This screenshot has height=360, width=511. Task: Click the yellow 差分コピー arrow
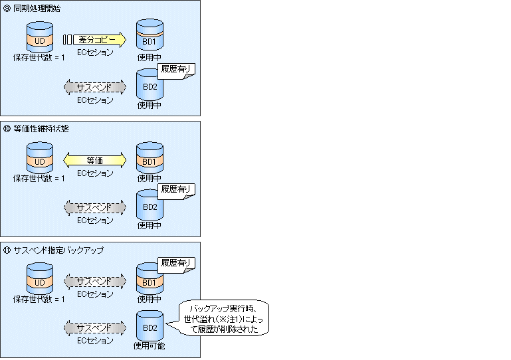[x=100, y=40]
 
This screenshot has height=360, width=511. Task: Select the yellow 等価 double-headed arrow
[x=95, y=160]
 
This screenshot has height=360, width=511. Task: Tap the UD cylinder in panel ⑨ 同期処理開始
[x=40, y=37]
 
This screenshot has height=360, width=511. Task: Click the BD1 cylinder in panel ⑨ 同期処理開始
[x=150, y=35]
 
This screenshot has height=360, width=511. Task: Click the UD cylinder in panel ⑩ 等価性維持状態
[x=40, y=157]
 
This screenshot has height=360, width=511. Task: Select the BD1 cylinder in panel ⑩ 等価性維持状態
[x=150, y=157]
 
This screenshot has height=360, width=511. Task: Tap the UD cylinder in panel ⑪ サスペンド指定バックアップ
[x=40, y=278]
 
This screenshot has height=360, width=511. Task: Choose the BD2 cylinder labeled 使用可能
[x=150, y=325]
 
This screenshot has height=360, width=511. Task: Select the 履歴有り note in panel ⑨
[x=176, y=71]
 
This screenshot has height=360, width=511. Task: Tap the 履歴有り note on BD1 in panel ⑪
[x=176, y=265]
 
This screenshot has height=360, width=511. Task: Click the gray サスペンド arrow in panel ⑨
[x=95, y=87]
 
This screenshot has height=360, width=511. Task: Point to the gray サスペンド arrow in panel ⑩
[x=95, y=207]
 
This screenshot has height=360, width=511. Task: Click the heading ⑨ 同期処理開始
[x=32, y=8]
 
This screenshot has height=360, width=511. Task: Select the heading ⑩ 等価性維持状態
[x=36, y=129]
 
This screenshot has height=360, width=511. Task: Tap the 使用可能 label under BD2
[x=150, y=345]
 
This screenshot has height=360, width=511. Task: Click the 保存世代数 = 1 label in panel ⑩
[x=39, y=178]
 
